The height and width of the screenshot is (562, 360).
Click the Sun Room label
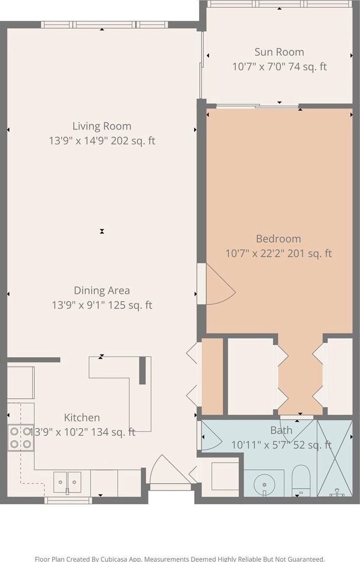pos(279,52)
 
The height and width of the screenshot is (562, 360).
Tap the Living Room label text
pos(102,126)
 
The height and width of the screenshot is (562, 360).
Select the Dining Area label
pos(102,290)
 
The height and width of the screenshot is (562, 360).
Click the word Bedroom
pos(278,239)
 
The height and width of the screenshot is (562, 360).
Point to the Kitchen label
pos(82,417)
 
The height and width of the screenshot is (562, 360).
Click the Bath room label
pos(281,430)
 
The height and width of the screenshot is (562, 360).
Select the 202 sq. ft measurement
pos(133,141)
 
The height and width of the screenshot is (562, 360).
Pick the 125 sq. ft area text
pos(130,306)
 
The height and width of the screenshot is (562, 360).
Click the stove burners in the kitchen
pos(20,438)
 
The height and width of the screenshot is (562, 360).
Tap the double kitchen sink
pos(67,482)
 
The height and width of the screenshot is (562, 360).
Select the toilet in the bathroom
pos(301,481)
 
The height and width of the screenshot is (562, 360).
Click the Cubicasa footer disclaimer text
pos(180,559)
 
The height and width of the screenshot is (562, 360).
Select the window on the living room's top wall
pos(104,25)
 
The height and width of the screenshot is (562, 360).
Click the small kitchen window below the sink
pos(68,500)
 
